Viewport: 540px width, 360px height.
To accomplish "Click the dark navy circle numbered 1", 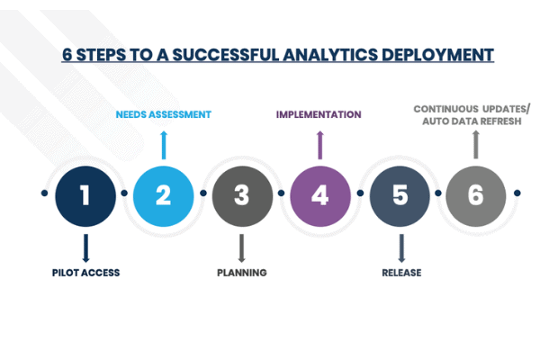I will pos(85,194).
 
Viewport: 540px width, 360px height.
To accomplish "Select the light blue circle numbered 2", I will pos(164,194).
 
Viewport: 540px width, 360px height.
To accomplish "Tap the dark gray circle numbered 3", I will pos(242,194).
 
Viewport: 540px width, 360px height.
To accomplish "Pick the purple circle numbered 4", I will pos(320,194).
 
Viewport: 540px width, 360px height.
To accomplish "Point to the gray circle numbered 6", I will pos(476,194).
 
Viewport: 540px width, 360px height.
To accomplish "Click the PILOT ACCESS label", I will pos(85,272).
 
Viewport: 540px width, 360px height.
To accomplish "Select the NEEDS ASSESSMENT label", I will pos(164,114).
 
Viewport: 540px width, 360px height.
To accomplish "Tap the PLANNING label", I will pos(242,272).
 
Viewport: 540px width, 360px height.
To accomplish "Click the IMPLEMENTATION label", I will pos(319,114).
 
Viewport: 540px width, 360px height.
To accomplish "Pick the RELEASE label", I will pos(400,272).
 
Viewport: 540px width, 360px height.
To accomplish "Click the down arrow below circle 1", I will pos(85,247).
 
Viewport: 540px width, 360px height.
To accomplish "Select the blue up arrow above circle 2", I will pos(164,144).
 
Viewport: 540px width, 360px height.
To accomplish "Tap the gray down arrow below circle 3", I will pos(242,247).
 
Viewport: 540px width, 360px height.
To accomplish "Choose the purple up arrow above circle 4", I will pos(319,144).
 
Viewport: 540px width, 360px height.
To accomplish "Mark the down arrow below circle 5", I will pos(400,247).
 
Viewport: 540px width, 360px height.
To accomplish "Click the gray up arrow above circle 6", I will pos(476,144).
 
